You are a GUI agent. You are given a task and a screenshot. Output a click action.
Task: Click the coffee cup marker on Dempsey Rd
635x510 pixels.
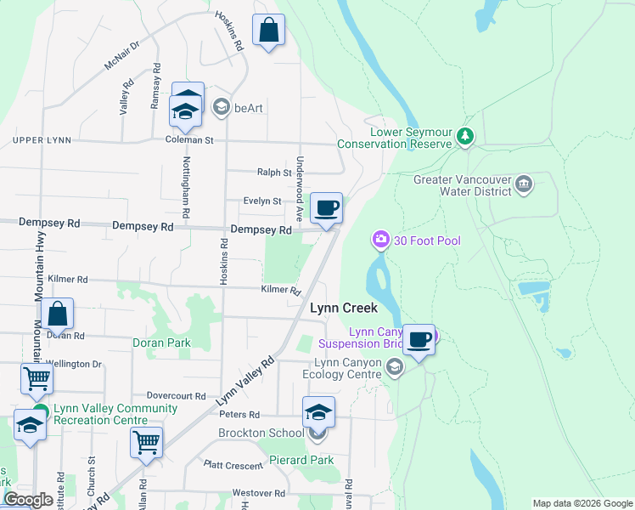pyautogui.click(x=327, y=208)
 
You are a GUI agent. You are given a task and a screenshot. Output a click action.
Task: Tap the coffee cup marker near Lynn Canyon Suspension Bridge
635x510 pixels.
pyautogui.click(x=419, y=340)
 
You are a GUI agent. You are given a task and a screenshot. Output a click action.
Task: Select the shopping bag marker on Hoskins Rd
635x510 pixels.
pyautogui.click(x=268, y=31)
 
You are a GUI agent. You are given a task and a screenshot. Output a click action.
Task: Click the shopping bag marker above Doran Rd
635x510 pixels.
pyautogui.click(x=58, y=314)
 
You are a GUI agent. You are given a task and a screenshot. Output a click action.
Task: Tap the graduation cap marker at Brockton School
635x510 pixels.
pyautogui.click(x=318, y=412)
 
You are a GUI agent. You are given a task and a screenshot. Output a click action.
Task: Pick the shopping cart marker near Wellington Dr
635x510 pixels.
pyautogui.click(x=36, y=378)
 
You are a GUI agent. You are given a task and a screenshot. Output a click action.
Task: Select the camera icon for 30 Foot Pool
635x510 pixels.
pyautogui.click(x=381, y=241)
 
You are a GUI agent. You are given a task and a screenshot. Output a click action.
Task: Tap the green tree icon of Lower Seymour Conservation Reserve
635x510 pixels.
pyautogui.click(x=464, y=135)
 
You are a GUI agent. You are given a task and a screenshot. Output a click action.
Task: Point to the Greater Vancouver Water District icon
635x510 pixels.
pyautogui.click(x=524, y=184)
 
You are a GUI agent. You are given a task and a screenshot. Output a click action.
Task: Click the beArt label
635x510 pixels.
pyautogui.click(x=250, y=107)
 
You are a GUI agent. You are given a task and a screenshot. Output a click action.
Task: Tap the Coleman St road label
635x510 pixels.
pyautogui.click(x=188, y=139)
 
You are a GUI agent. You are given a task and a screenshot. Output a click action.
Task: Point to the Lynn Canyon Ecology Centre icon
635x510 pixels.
pyautogui.click(x=394, y=367)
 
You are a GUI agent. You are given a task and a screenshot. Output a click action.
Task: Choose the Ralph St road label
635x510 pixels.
pyautogui.click(x=274, y=173)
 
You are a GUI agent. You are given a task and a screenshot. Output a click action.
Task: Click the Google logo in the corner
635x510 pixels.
pyautogui.click(x=28, y=500)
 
